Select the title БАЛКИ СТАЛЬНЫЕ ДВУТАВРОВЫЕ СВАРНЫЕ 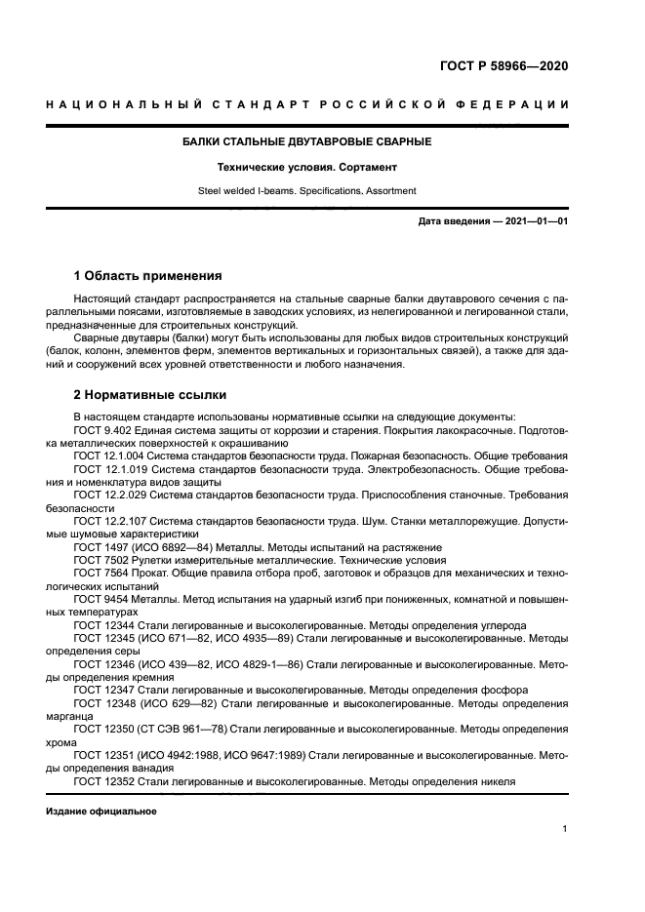(x=307, y=142)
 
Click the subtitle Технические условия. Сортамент (x=307, y=167)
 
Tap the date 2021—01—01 (x=535, y=221)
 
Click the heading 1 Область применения (x=147, y=275)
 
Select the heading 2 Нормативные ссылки (x=149, y=395)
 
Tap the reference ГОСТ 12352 (x=101, y=780)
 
